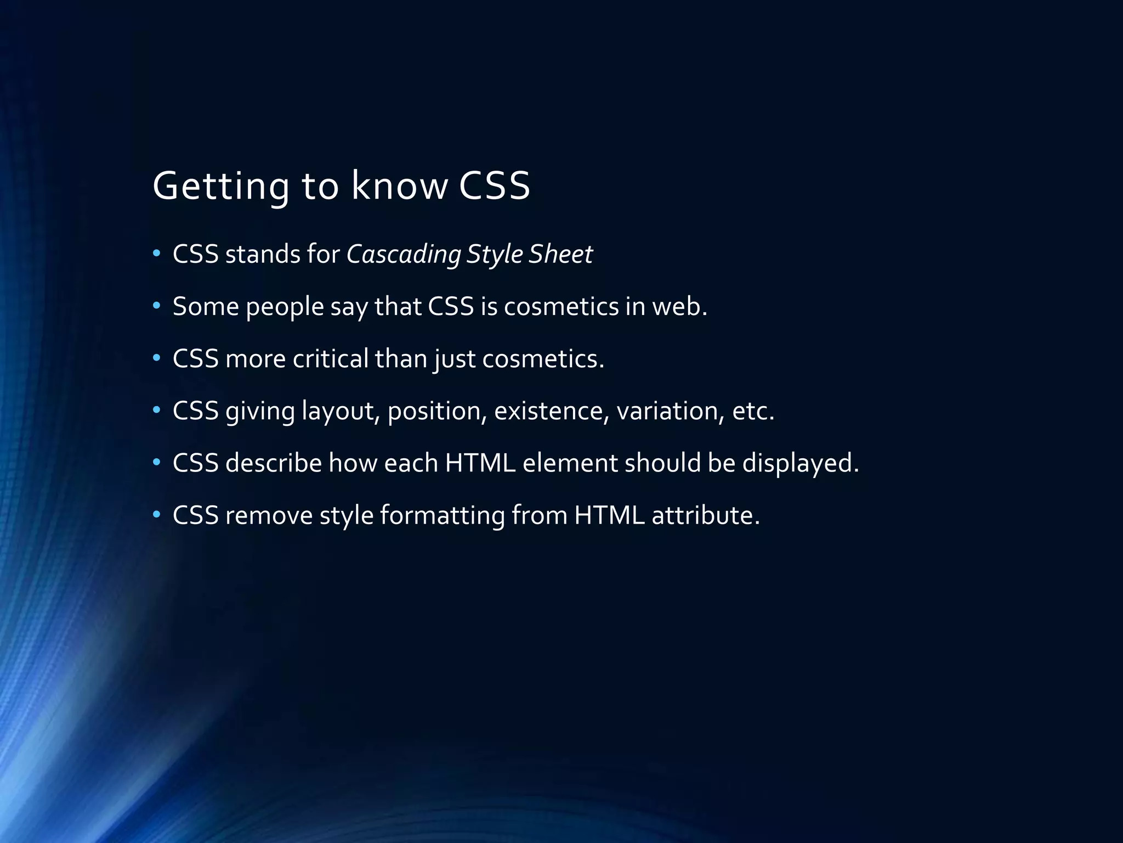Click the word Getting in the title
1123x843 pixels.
pyautogui.click(x=220, y=187)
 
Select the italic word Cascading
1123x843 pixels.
pyautogui.click(x=404, y=255)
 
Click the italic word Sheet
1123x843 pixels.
pyautogui.click(x=560, y=254)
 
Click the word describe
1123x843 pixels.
pyautogui.click(x=274, y=463)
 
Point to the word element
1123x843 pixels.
pyautogui.click(x=570, y=463)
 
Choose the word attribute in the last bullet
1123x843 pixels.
pyautogui.click(x=705, y=515)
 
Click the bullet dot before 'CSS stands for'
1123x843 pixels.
pyautogui.click(x=157, y=254)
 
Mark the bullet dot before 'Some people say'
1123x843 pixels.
pyautogui.click(x=157, y=306)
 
